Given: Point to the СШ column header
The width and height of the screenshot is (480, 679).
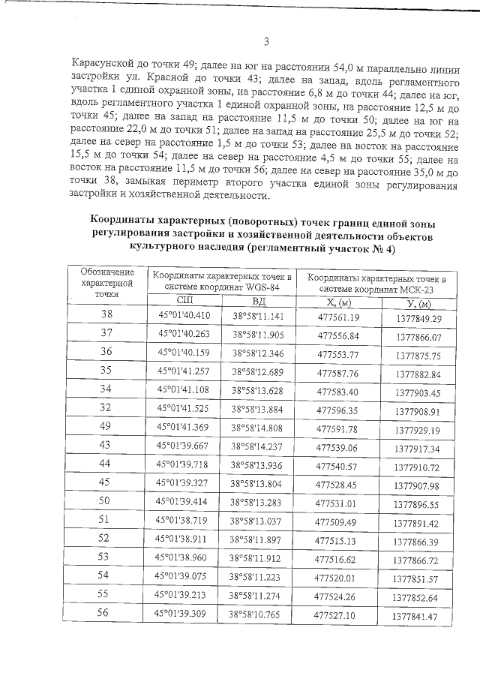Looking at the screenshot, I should click(x=184, y=301).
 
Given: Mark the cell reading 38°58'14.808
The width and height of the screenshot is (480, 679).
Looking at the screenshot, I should click(x=257, y=428).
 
